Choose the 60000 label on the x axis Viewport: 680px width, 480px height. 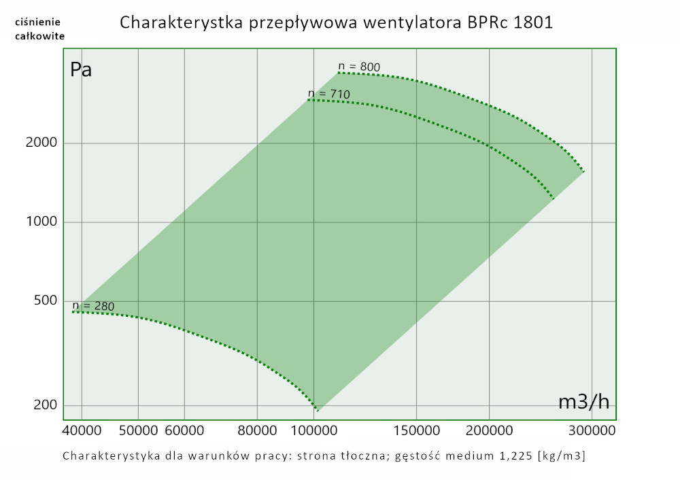(x=185, y=430)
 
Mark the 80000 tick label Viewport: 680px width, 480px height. (x=258, y=430)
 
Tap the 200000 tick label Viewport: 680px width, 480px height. (x=490, y=430)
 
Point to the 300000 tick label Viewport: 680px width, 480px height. (x=592, y=430)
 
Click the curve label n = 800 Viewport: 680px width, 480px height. (x=359, y=67)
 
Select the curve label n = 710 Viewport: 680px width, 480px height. (x=328, y=93)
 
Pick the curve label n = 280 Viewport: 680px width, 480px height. (x=93, y=306)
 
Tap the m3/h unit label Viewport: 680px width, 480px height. (x=583, y=402)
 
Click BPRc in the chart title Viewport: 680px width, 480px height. (x=489, y=22)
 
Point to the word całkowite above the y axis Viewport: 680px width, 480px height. (x=40, y=35)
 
